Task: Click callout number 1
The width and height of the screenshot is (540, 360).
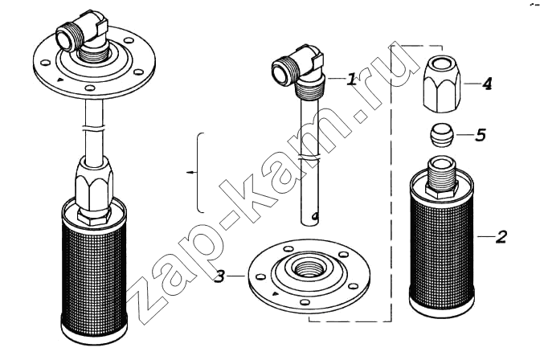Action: (x=351, y=80)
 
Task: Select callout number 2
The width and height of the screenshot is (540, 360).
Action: (x=501, y=237)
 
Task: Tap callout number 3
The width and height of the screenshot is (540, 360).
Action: (x=219, y=276)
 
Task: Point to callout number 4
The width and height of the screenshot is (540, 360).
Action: (x=486, y=84)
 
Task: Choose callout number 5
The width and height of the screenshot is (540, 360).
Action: (x=480, y=135)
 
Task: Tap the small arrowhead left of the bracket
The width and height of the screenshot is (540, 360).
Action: (x=189, y=172)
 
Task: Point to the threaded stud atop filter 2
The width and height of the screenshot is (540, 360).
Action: (x=442, y=177)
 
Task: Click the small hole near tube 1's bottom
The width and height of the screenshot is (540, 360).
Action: (x=313, y=216)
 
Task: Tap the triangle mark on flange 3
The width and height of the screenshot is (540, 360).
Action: (x=275, y=294)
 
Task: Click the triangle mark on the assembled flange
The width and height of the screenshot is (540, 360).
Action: (x=60, y=80)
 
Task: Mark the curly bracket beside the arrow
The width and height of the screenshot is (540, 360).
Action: (x=199, y=172)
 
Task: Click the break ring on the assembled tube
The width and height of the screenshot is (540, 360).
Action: (x=93, y=129)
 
